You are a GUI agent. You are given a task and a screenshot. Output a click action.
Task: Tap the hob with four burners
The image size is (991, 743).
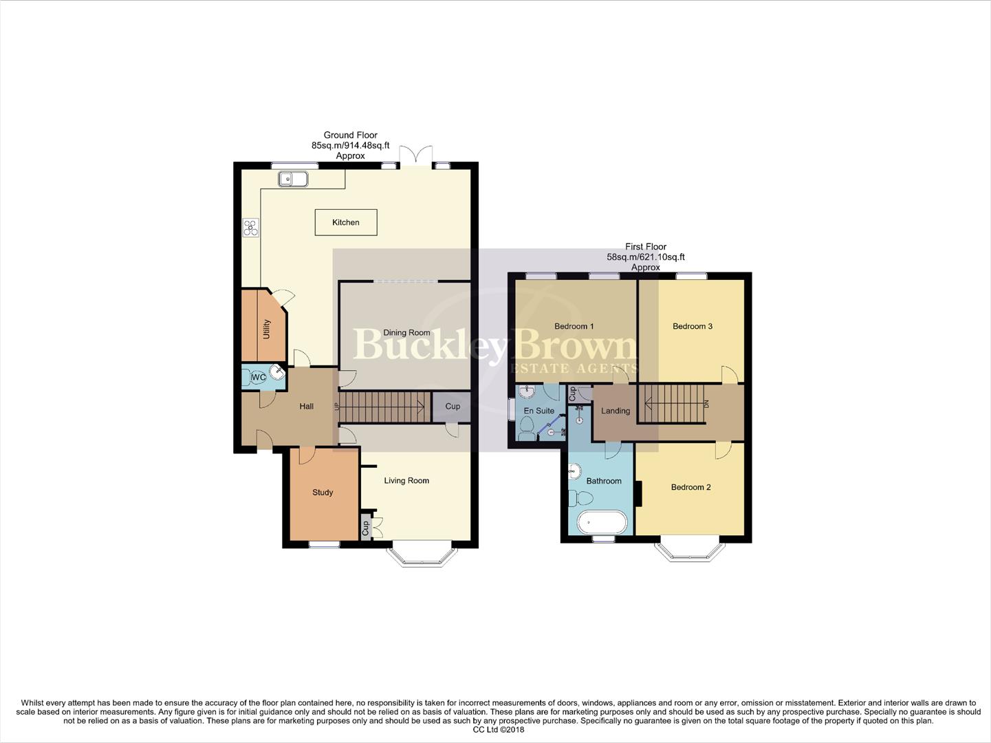click(x=250, y=228)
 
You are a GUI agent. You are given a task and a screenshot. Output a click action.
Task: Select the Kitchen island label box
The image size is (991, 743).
click(x=346, y=222)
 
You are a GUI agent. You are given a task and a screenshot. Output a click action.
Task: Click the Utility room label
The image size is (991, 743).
click(x=266, y=330)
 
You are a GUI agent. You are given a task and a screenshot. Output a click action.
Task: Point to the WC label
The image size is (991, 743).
click(x=259, y=378)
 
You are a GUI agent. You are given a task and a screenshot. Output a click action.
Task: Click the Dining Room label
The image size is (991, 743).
click(x=406, y=333)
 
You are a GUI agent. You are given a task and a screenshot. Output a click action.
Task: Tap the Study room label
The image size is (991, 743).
click(x=323, y=493)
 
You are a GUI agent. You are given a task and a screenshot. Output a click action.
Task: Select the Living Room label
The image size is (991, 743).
click(x=406, y=481)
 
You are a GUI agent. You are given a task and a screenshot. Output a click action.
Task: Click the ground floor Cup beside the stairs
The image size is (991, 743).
click(x=452, y=407)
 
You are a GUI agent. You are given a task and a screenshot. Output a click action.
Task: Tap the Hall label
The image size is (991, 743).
click(x=307, y=407)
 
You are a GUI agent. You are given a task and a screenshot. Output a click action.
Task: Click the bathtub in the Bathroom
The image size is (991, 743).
click(x=602, y=523)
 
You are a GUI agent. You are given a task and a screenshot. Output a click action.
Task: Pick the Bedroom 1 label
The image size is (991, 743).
click(x=574, y=326)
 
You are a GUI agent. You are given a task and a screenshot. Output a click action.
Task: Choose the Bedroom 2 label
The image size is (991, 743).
click(x=690, y=487)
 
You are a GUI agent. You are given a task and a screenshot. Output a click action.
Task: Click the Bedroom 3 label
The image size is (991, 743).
click(x=692, y=326)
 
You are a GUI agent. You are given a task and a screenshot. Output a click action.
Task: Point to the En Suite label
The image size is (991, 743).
click(x=538, y=411)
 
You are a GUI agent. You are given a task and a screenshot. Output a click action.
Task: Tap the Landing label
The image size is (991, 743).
click(x=616, y=411)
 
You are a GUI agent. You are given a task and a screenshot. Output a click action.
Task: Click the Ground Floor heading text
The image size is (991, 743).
click(x=351, y=136)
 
